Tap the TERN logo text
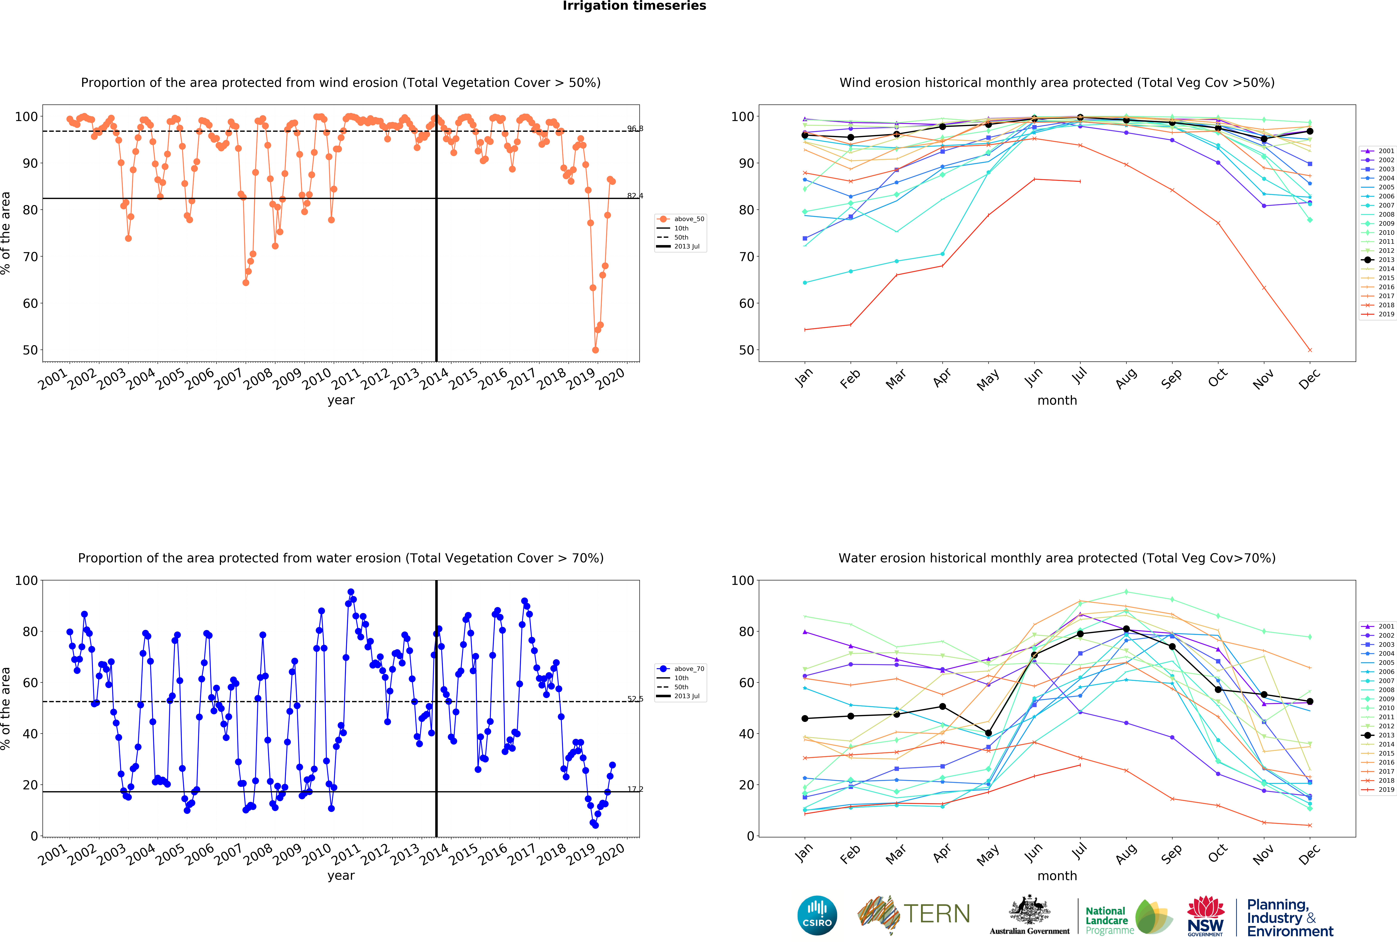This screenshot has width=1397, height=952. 937,914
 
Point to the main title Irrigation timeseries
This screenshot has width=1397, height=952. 634,6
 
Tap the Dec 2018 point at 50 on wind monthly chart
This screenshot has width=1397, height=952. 1310,350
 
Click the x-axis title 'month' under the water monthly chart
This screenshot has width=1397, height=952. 1057,876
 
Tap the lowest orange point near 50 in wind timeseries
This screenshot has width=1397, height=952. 595,350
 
